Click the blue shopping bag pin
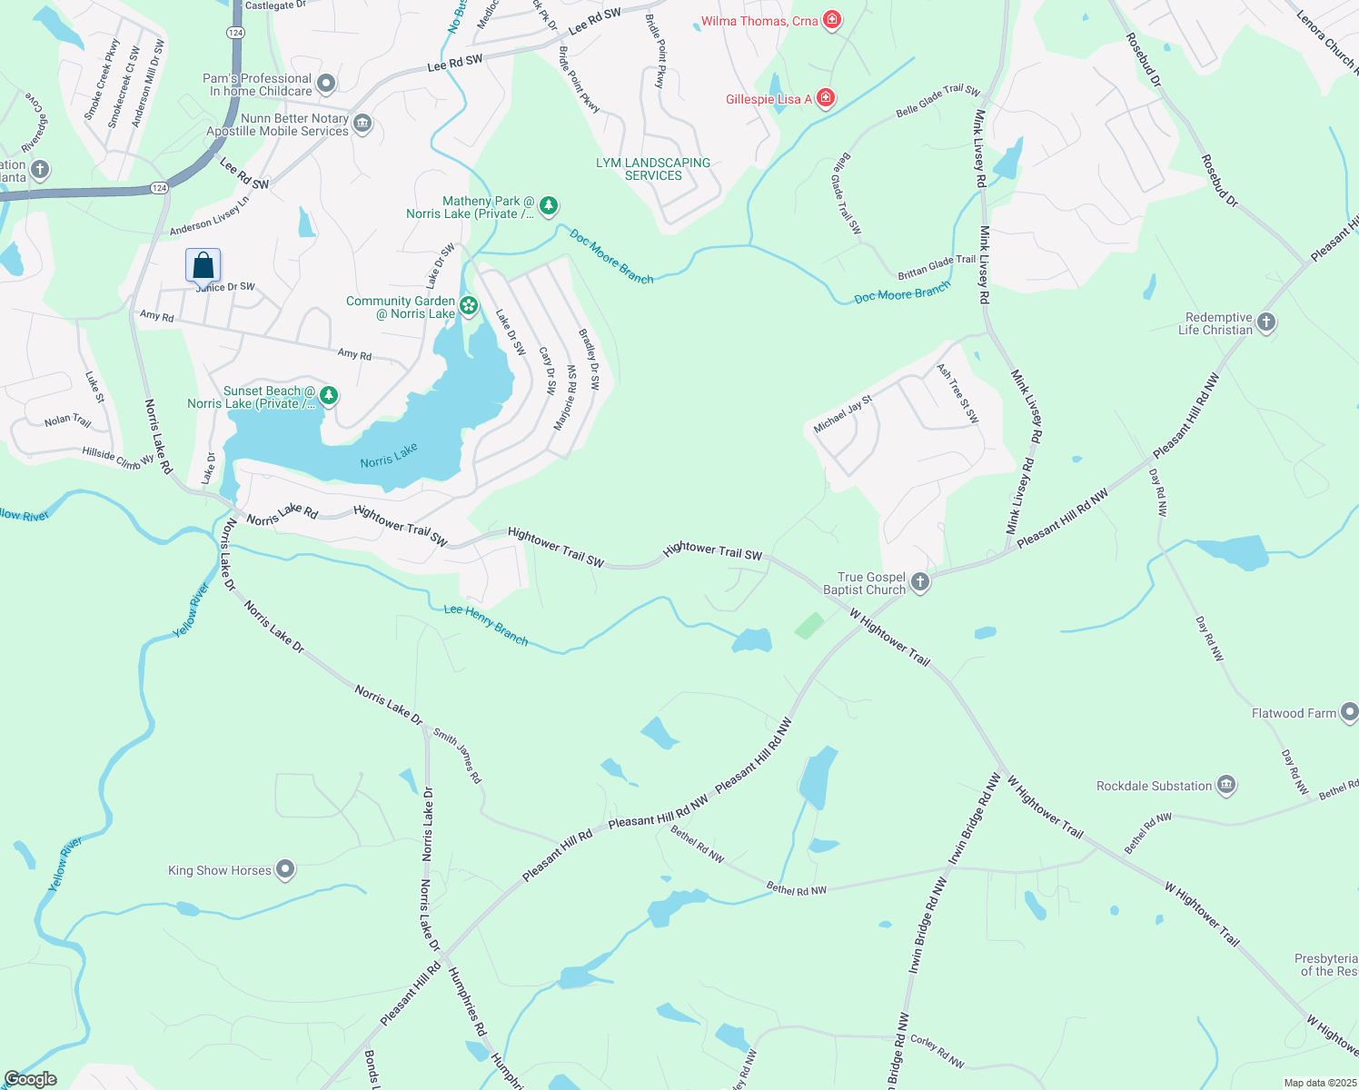(x=203, y=265)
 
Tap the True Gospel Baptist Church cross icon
(x=920, y=582)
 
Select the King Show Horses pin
(x=285, y=870)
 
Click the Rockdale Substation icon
(x=1225, y=786)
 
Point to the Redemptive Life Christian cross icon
(x=1266, y=322)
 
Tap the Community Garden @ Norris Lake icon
(x=469, y=306)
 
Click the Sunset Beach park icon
(x=329, y=396)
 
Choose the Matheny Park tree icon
(x=549, y=206)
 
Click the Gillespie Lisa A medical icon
(x=826, y=98)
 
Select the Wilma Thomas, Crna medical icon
(x=831, y=20)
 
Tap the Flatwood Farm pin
(x=1349, y=712)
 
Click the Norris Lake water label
(x=389, y=456)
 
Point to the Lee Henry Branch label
(x=486, y=625)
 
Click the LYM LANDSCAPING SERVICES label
(x=653, y=169)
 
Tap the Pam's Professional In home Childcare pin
(x=326, y=84)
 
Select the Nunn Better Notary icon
(x=362, y=124)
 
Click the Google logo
(x=30, y=1079)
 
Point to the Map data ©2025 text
(x=1317, y=1083)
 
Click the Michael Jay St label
(x=843, y=413)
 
